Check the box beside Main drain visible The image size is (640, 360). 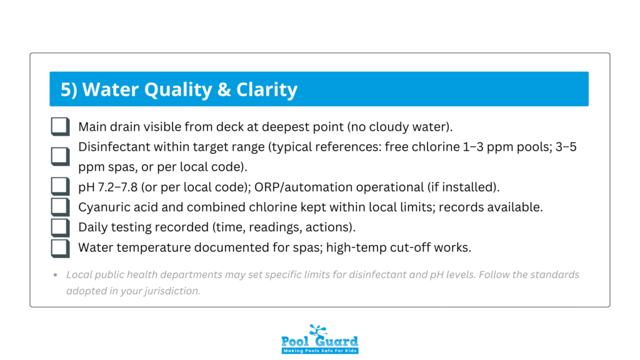click(60, 127)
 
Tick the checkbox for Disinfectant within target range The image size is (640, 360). click(60, 156)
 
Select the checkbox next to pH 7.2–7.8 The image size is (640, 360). click(60, 186)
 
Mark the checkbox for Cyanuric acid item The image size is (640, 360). click(60, 206)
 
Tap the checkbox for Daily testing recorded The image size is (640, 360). click(60, 227)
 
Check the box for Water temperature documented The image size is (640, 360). click(60, 247)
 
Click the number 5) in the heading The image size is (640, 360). click(69, 89)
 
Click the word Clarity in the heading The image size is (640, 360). click(267, 89)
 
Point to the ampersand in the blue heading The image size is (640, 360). click(223, 89)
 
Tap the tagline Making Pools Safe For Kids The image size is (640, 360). click(319, 350)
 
